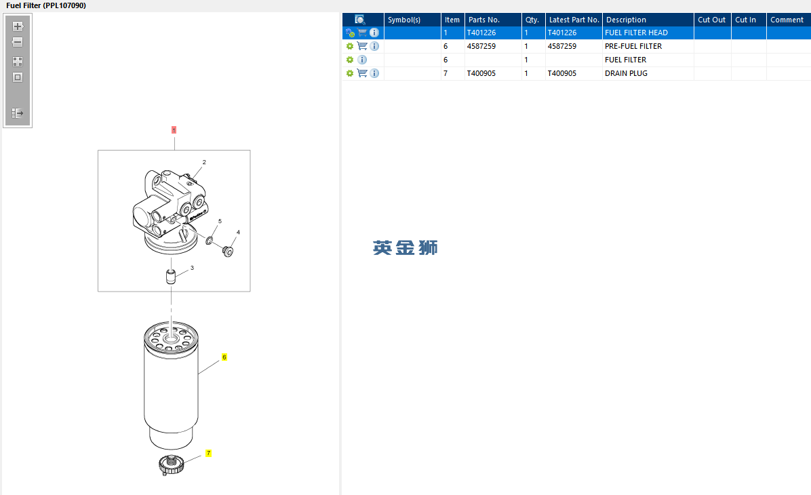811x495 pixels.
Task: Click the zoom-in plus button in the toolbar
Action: tap(18, 26)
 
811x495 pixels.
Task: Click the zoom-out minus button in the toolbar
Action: tap(18, 43)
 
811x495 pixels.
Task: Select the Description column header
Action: tap(626, 20)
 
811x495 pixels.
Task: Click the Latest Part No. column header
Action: tap(574, 20)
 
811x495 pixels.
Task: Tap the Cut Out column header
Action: tap(712, 20)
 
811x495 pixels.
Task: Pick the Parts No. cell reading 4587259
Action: tap(481, 46)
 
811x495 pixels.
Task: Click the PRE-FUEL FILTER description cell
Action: tap(633, 46)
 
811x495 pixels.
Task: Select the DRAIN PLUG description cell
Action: tap(626, 73)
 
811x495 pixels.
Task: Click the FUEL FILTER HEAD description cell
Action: tap(636, 33)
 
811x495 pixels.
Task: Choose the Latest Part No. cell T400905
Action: tap(561, 73)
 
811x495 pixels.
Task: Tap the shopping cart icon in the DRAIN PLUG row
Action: tap(362, 73)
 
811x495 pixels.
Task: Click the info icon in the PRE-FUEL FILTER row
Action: tap(374, 46)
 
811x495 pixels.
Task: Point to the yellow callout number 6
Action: tap(224, 357)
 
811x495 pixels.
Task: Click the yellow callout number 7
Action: tap(208, 453)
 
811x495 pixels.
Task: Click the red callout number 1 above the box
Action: tap(174, 130)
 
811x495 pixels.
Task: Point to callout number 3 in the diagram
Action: tap(192, 268)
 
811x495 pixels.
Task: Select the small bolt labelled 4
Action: tap(228, 252)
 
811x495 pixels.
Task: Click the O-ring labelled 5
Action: tap(210, 241)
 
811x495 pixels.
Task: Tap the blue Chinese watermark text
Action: tap(406, 248)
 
